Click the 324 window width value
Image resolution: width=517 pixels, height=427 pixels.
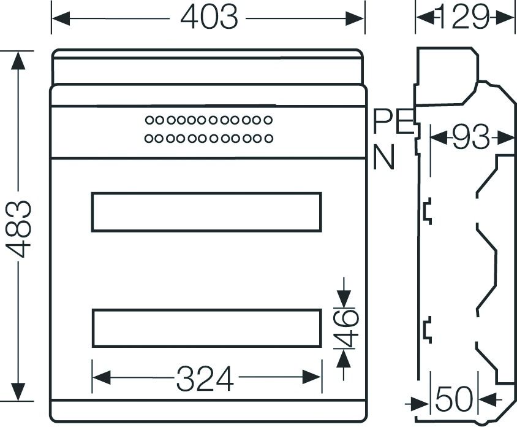pyautogui.click(x=205, y=379)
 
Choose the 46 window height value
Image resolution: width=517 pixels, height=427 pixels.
pyautogui.click(x=347, y=328)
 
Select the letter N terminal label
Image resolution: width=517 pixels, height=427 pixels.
pyautogui.click(x=384, y=158)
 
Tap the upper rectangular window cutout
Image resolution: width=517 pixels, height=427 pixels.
pyautogui.click(x=206, y=212)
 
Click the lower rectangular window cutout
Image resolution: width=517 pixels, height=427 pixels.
pyautogui.click(x=206, y=328)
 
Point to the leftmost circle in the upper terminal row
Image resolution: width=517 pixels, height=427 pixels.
pyautogui.click(x=149, y=120)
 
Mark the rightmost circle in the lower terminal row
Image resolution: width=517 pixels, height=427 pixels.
pyautogui.click(x=268, y=139)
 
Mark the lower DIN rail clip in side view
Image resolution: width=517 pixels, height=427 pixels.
pyautogui.click(x=426, y=329)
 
